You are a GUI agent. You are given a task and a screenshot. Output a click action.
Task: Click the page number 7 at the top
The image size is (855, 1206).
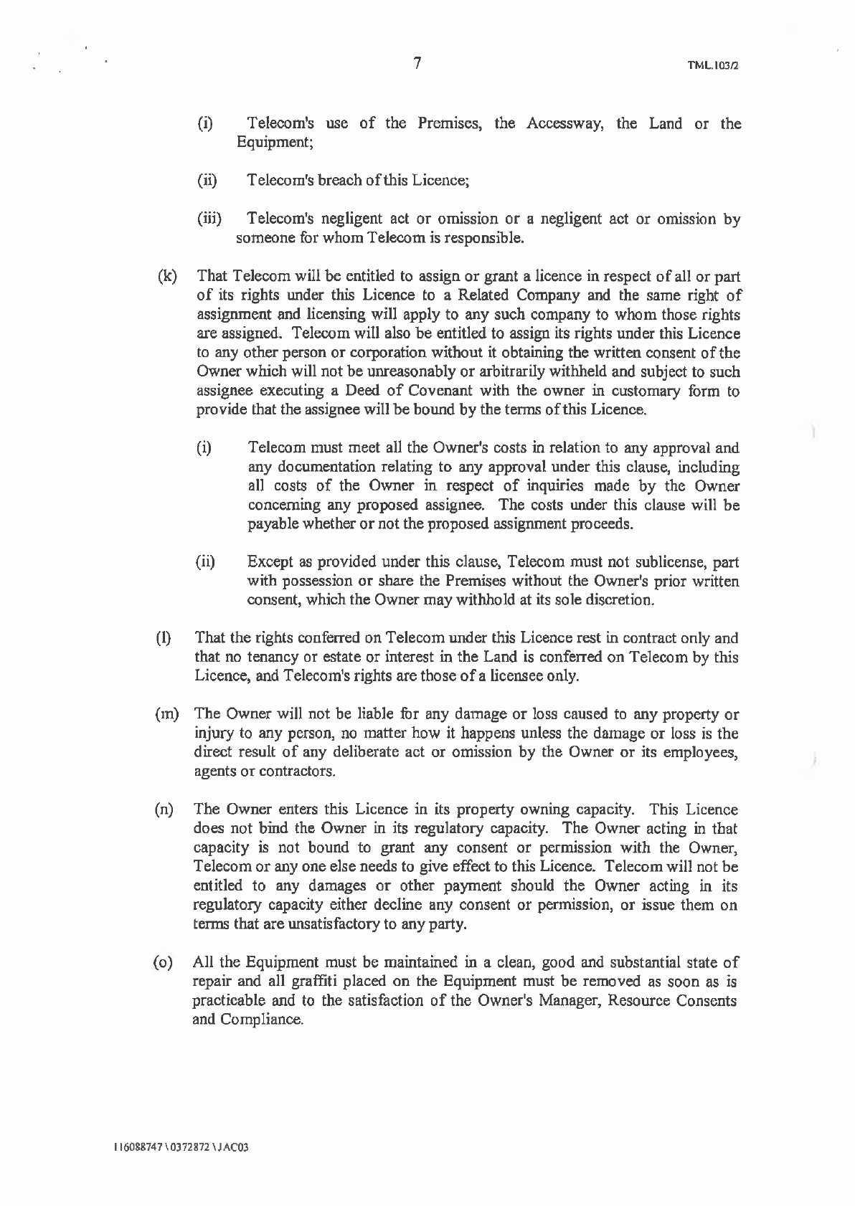point(417,63)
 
